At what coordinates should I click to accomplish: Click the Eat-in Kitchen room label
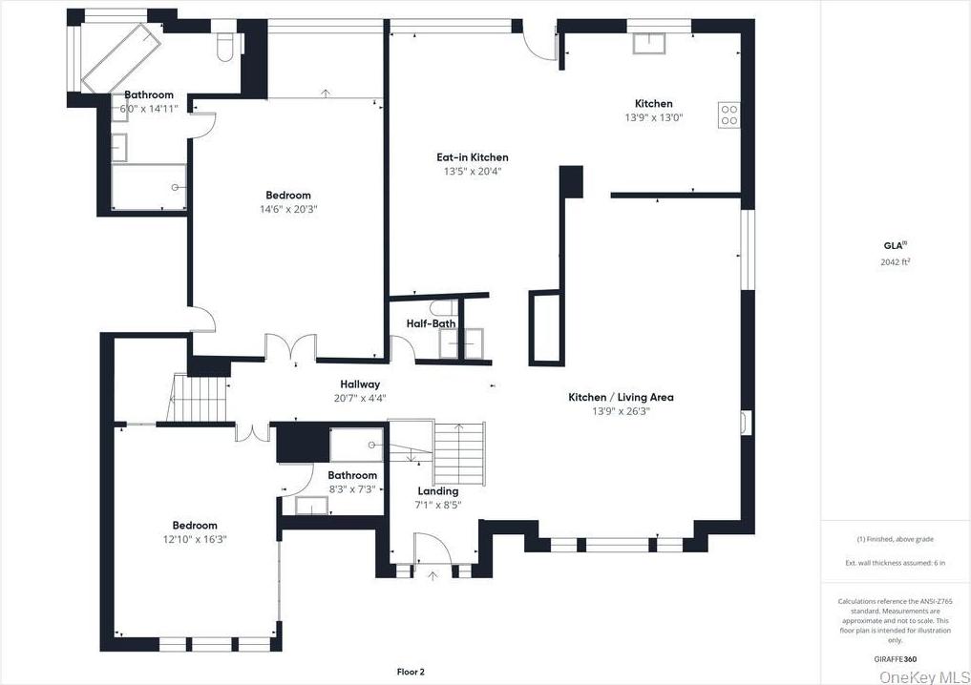pyautogui.click(x=473, y=157)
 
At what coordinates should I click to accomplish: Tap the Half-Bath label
pyautogui.click(x=432, y=323)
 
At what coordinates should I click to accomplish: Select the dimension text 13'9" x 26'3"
pyautogui.click(x=621, y=411)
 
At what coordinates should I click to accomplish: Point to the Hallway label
pyautogui.click(x=359, y=384)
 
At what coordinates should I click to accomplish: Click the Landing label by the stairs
pyautogui.click(x=437, y=491)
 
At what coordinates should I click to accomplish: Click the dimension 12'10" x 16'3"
pyautogui.click(x=195, y=539)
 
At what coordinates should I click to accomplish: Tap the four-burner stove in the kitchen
pyautogui.click(x=729, y=115)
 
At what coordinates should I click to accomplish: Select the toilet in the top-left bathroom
pyautogui.click(x=225, y=47)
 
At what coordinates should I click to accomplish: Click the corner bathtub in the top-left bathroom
pyautogui.click(x=116, y=55)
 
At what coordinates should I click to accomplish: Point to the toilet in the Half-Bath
pyautogui.click(x=441, y=307)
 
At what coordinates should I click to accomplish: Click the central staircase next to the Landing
pyautogui.click(x=459, y=453)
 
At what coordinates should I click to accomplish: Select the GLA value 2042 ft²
pyautogui.click(x=895, y=261)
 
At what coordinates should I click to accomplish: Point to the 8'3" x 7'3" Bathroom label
pyautogui.click(x=352, y=475)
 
